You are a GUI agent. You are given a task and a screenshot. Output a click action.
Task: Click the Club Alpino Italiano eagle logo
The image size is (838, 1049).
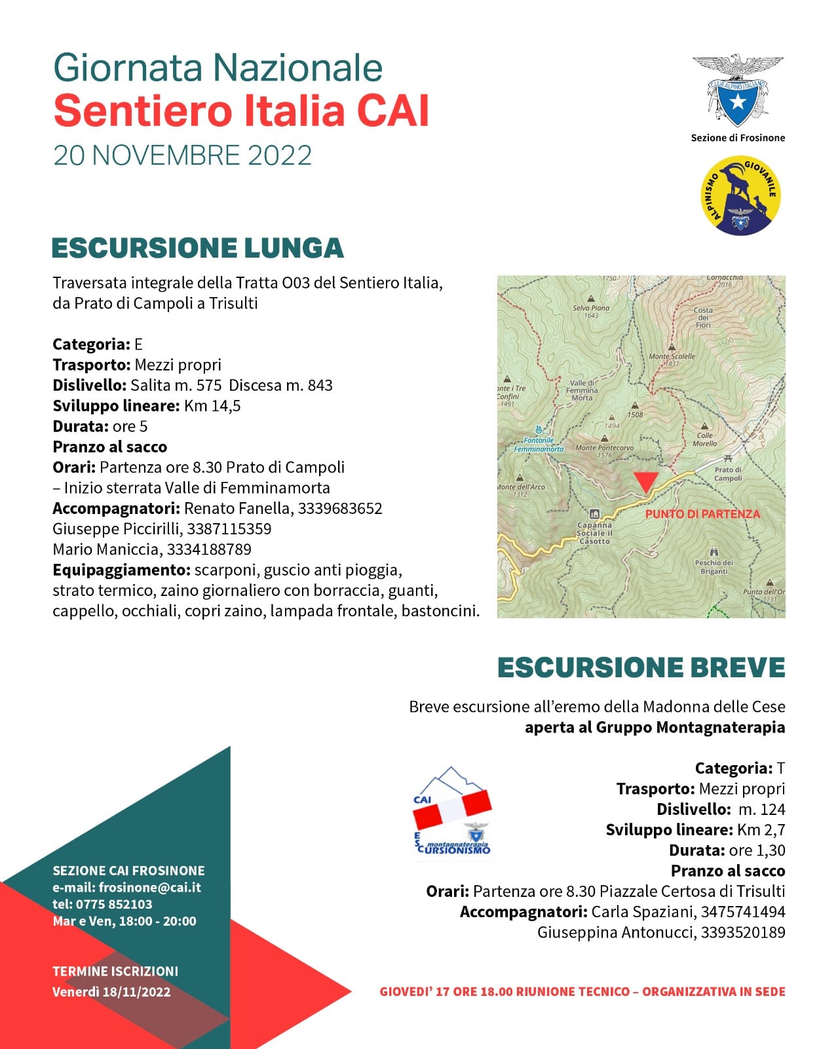click(738, 90)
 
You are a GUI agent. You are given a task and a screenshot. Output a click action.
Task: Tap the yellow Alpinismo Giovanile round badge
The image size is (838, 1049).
click(740, 195)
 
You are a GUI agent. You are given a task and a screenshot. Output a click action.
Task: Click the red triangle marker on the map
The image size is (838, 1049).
click(646, 482)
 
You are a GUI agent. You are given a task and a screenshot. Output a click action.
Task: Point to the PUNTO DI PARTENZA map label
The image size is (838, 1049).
click(702, 514)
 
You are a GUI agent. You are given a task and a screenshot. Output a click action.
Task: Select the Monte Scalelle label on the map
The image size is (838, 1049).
click(672, 357)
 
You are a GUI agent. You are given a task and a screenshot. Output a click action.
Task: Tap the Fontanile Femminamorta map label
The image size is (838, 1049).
click(539, 445)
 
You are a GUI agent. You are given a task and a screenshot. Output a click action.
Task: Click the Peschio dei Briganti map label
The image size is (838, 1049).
click(714, 566)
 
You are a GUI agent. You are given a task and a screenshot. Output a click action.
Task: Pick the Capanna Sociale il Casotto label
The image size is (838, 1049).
click(594, 532)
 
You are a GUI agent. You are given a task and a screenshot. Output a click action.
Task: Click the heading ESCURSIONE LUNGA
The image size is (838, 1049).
click(198, 248)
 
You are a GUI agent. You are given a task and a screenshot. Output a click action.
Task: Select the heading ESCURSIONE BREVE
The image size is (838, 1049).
click(641, 667)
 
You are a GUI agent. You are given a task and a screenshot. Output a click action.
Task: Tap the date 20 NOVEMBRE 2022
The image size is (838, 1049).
click(183, 155)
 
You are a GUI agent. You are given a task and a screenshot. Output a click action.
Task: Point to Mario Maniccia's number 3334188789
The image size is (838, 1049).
click(209, 549)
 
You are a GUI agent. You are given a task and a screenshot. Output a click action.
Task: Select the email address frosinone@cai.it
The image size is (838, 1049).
click(149, 888)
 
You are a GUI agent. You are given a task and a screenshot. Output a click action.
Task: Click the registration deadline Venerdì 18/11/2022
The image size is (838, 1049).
click(111, 991)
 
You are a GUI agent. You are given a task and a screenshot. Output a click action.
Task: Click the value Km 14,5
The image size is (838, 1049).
click(212, 406)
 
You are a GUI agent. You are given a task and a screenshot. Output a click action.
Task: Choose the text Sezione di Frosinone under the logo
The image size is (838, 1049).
click(738, 138)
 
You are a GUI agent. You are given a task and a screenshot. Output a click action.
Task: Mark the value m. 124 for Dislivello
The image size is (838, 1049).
click(761, 809)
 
